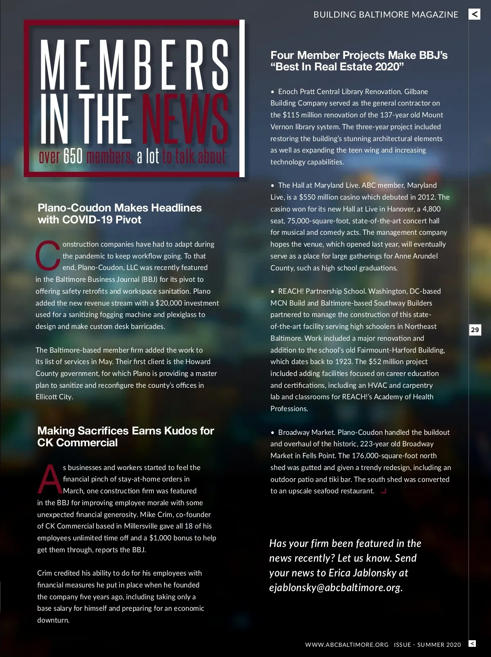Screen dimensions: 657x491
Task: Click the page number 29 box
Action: tap(475, 330)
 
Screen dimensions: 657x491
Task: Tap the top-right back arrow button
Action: tap(474, 14)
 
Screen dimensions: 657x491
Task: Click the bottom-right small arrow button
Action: tap(472, 643)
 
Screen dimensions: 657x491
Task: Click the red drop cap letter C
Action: tap(48, 255)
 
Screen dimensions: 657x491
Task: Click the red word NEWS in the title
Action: tap(185, 119)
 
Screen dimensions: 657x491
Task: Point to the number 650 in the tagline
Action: tap(73, 156)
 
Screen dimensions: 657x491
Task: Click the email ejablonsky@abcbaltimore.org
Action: tap(335, 588)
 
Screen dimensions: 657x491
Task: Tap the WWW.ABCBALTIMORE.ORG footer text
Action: tap(347, 645)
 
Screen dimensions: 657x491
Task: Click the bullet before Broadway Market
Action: tap(273, 432)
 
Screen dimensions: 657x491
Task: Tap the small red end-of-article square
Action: tap(383, 491)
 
